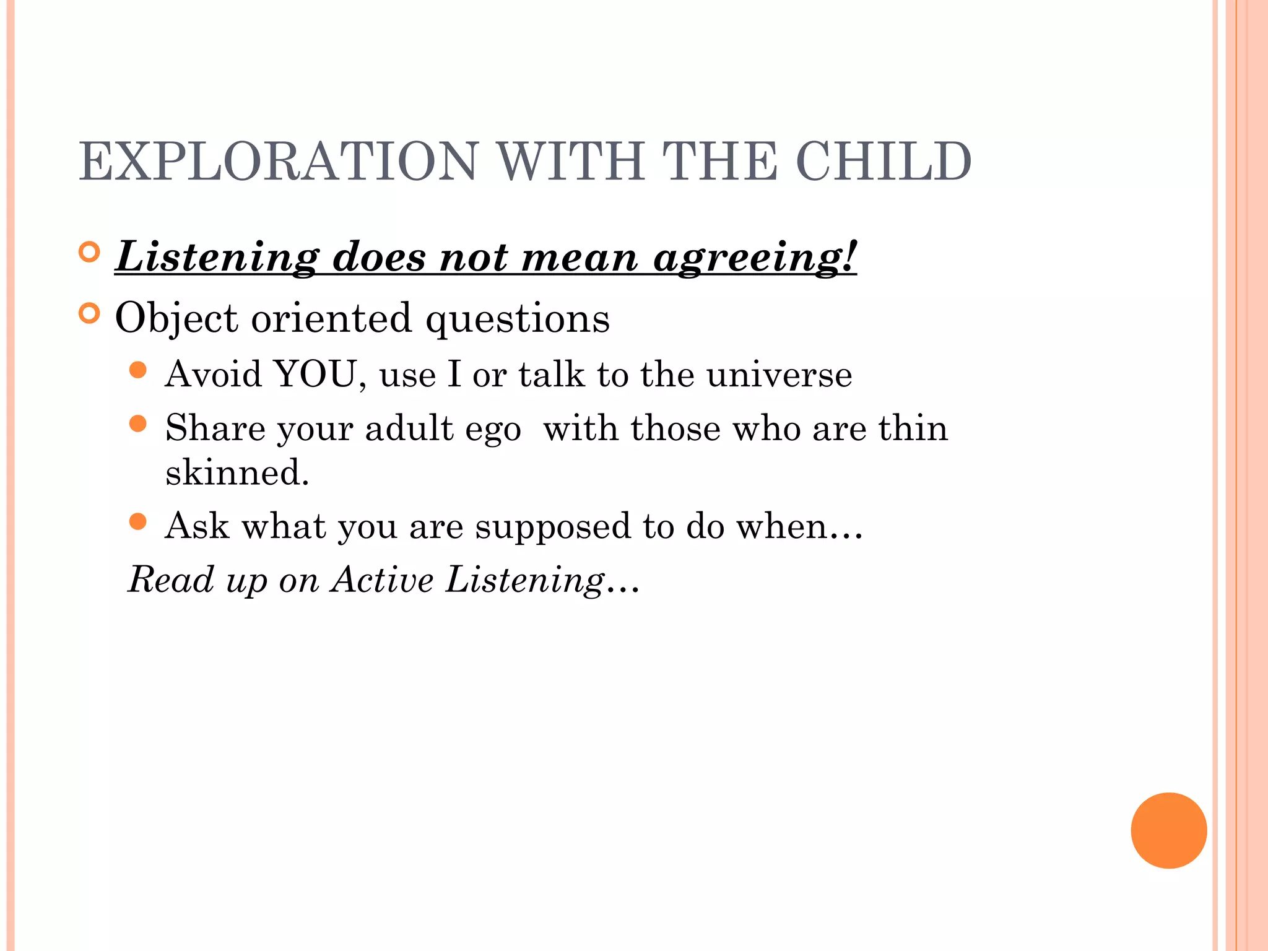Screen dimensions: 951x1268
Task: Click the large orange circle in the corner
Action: tap(1168, 830)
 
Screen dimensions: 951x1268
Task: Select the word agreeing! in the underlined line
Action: tap(755, 257)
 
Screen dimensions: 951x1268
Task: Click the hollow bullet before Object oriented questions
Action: tap(90, 314)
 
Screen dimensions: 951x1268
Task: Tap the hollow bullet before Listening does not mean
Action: tap(90, 252)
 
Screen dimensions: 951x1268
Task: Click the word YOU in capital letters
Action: tap(315, 374)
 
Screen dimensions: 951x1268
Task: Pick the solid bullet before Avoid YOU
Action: tap(138, 370)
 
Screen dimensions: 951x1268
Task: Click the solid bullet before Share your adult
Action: tap(138, 424)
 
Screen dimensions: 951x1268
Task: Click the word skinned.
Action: tap(237, 472)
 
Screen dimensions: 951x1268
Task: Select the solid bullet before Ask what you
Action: tap(138, 521)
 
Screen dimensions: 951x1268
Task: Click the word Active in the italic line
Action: tap(382, 580)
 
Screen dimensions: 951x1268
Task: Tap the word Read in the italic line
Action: tap(171, 580)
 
